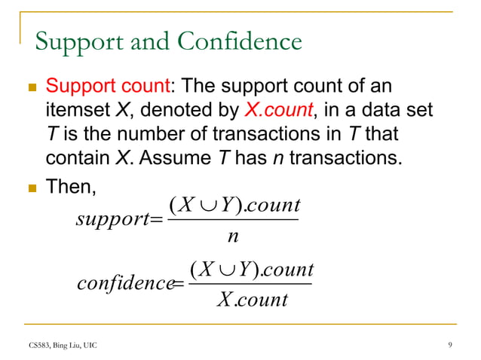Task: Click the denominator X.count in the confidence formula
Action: point(252,300)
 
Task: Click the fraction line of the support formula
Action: point(232,220)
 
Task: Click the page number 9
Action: point(449,346)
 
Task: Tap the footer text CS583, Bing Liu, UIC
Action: point(59,346)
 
